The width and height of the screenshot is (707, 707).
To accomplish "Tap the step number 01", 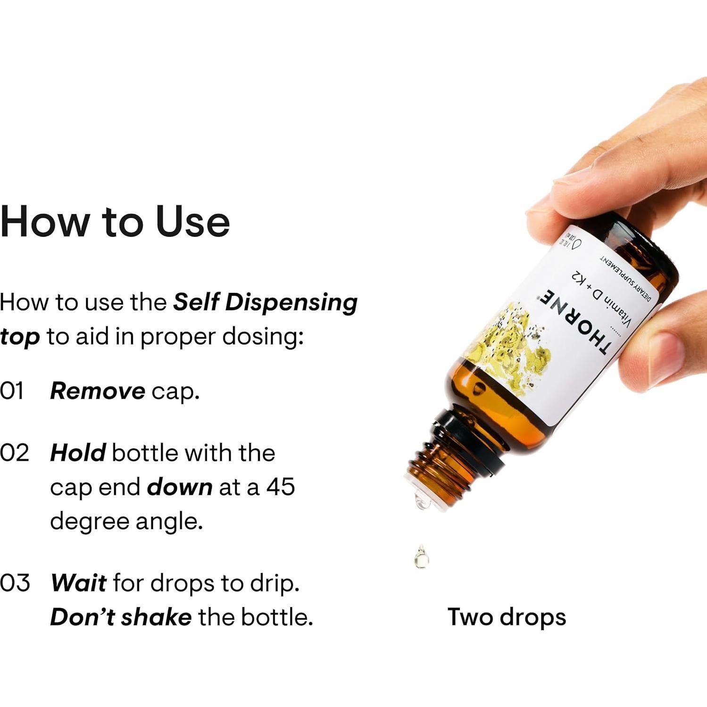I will click(12, 391).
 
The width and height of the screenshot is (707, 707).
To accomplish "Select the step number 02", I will click(14, 453).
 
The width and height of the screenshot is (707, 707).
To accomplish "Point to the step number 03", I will click(15, 583).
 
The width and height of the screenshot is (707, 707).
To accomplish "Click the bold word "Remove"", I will click(98, 391).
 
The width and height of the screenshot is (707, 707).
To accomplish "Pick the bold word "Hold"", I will click(78, 453).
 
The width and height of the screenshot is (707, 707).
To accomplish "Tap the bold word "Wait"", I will click(78, 583).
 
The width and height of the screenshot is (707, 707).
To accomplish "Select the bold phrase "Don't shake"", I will click(121, 617).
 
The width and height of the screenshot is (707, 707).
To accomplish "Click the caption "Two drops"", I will click(507, 617).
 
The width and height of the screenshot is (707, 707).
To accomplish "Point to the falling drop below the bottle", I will click(421, 557).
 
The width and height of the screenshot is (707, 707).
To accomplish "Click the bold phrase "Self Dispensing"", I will click(265, 302).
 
